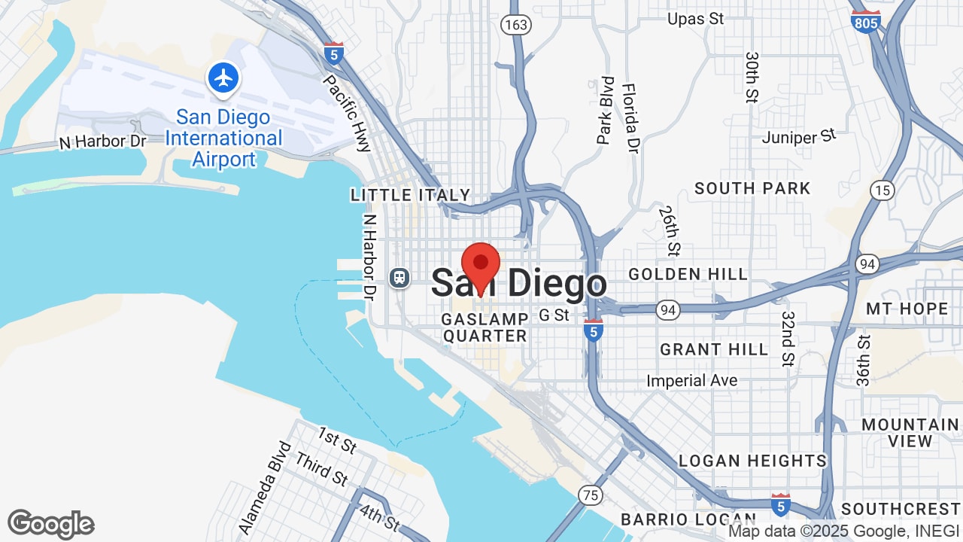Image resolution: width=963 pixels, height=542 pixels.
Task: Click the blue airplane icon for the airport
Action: click(x=223, y=78)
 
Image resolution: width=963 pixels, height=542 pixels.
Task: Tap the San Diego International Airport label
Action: click(x=223, y=139)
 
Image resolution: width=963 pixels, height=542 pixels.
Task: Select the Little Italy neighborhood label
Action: click(x=410, y=195)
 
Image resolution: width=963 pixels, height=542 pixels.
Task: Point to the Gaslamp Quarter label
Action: click(x=485, y=327)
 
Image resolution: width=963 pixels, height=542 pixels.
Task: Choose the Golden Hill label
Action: click(x=688, y=274)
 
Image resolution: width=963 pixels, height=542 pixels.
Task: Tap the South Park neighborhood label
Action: click(x=752, y=188)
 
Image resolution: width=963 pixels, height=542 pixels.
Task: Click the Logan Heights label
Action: click(x=752, y=461)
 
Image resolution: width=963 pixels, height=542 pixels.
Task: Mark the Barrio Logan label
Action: click(x=688, y=519)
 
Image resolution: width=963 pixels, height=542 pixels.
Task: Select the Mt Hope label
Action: click(x=907, y=309)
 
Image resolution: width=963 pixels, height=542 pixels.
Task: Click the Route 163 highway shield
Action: click(x=516, y=25)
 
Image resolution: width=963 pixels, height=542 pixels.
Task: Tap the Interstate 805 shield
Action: click(x=867, y=21)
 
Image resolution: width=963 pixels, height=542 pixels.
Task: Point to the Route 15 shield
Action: click(x=882, y=190)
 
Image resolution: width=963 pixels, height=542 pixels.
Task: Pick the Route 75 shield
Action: click(x=591, y=494)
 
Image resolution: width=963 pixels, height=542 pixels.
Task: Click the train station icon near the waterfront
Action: click(x=399, y=278)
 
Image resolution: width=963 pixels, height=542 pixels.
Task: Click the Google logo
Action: click(x=50, y=524)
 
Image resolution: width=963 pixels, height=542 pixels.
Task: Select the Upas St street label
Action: click(x=696, y=19)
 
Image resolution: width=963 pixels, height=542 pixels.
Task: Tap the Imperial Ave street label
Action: click(x=691, y=381)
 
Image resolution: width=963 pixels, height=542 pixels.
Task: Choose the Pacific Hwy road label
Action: click(x=347, y=113)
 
